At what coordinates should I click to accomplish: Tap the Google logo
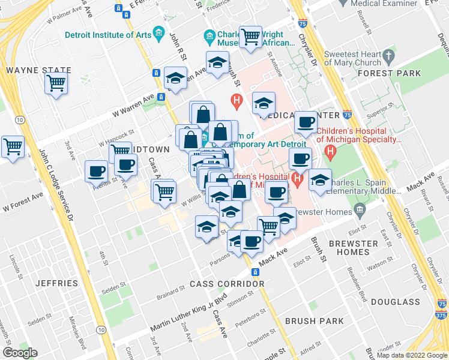point(20,352)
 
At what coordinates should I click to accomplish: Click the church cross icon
point(388,56)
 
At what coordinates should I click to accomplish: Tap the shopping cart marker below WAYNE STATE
point(56,84)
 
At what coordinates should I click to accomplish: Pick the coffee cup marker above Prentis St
point(97,172)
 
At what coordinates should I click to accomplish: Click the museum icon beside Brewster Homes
point(360,210)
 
